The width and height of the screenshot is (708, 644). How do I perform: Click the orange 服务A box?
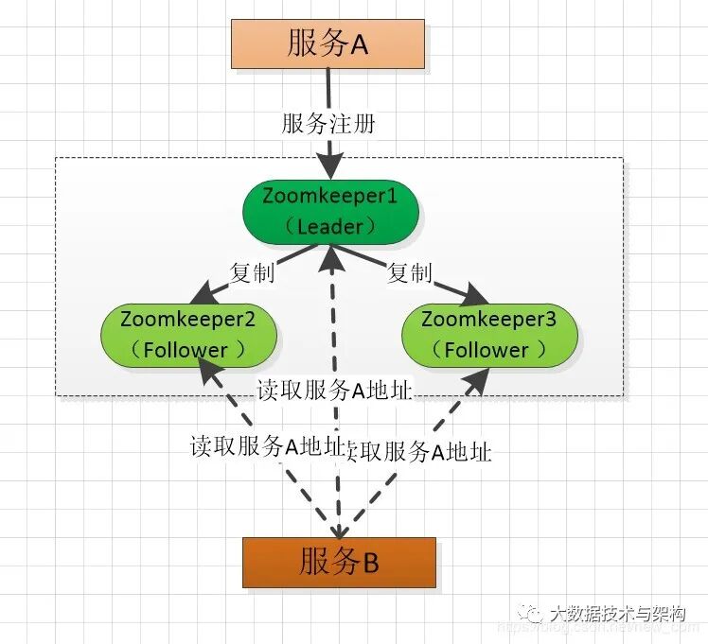click(327, 44)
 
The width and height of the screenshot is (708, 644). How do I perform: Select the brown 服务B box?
click(339, 563)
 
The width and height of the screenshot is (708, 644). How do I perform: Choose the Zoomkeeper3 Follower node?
click(488, 334)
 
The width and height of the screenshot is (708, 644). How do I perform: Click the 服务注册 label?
click(328, 124)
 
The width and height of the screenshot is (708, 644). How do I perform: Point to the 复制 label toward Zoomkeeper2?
click(253, 272)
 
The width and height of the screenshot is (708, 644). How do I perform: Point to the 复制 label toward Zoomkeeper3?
click(410, 272)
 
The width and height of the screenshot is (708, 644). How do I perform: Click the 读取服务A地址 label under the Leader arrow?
click(333, 391)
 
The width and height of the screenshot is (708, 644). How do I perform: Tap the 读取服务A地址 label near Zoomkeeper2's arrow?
click(266, 446)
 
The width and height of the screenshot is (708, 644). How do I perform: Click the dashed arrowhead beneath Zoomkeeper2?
click(209, 372)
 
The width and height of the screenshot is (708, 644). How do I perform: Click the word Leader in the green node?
click(329, 226)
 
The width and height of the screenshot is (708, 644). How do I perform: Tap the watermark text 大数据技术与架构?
click(615, 613)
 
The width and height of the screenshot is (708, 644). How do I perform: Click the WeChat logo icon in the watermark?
click(530, 616)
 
